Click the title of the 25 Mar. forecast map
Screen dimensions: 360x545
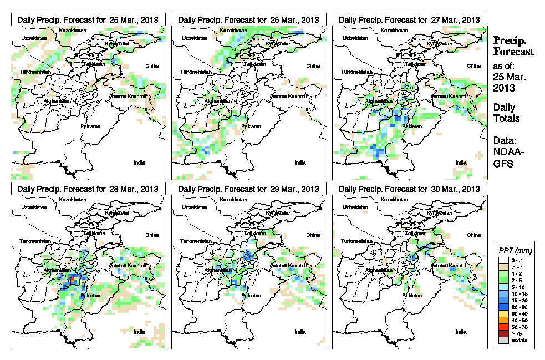pyautogui.click(x=88, y=19)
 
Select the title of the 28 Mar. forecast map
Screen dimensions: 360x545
pyautogui.click(x=88, y=189)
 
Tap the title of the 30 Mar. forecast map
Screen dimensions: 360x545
pyautogui.click(x=409, y=189)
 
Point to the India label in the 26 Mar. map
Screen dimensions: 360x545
pyautogui.click(x=299, y=163)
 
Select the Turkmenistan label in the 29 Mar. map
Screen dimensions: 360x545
pyautogui.click(x=196, y=242)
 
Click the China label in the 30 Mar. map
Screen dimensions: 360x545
pyautogui.click(x=473, y=235)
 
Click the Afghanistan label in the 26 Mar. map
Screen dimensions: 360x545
pyautogui.click(x=218, y=101)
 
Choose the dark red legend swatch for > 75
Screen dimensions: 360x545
pyautogui.click(x=502, y=333)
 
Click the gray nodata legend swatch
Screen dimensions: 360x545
pyautogui.click(x=502, y=340)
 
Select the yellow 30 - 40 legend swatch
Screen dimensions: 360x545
pyautogui.click(x=502, y=313)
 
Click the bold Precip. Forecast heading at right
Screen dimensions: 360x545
pyautogui.click(x=513, y=46)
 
